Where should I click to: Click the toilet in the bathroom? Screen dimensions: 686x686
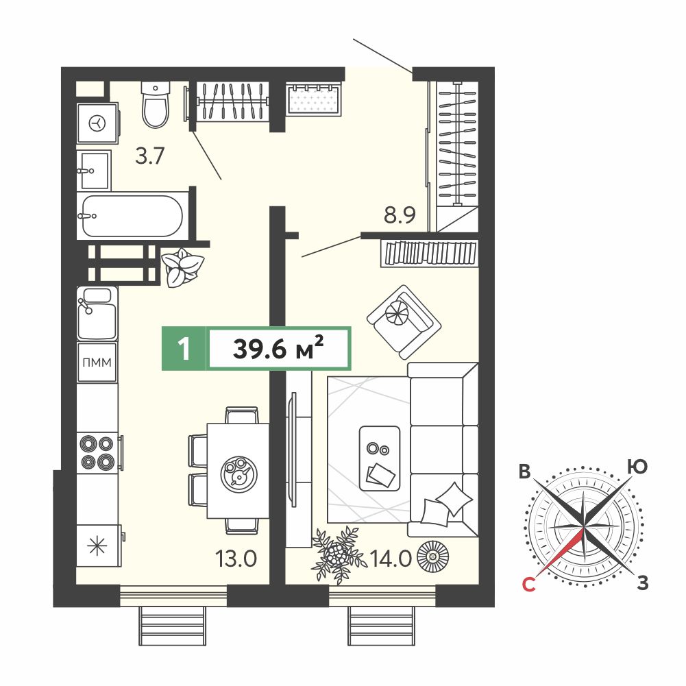(x=156, y=105)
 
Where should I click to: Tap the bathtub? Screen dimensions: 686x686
(x=132, y=216)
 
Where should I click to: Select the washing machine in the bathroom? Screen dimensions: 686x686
(x=97, y=123)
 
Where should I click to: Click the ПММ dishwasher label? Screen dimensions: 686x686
(x=97, y=363)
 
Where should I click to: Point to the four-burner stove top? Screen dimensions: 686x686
(x=97, y=453)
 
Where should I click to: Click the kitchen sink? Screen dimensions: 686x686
(x=97, y=313)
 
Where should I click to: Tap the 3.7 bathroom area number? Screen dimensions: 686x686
(x=149, y=156)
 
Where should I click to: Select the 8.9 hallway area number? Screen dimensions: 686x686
(x=400, y=215)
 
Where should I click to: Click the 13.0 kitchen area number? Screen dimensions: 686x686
(x=236, y=559)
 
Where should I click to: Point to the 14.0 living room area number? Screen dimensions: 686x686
(x=391, y=559)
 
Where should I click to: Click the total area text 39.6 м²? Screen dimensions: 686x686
(x=279, y=349)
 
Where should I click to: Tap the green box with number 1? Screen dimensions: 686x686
(x=184, y=349)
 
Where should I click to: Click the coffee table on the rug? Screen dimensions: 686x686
(x=379, y=458)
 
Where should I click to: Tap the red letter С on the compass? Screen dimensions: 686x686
(x=529, y=584)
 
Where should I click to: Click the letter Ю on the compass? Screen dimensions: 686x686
(x=637, y=467)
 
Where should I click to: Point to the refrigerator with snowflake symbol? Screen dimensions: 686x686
(x=97, y=546)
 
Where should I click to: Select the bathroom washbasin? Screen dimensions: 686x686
(x=94, y=170)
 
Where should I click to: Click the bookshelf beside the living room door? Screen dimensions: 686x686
(x=430, y=254)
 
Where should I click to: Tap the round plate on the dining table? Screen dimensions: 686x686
(x=239, y=474)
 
